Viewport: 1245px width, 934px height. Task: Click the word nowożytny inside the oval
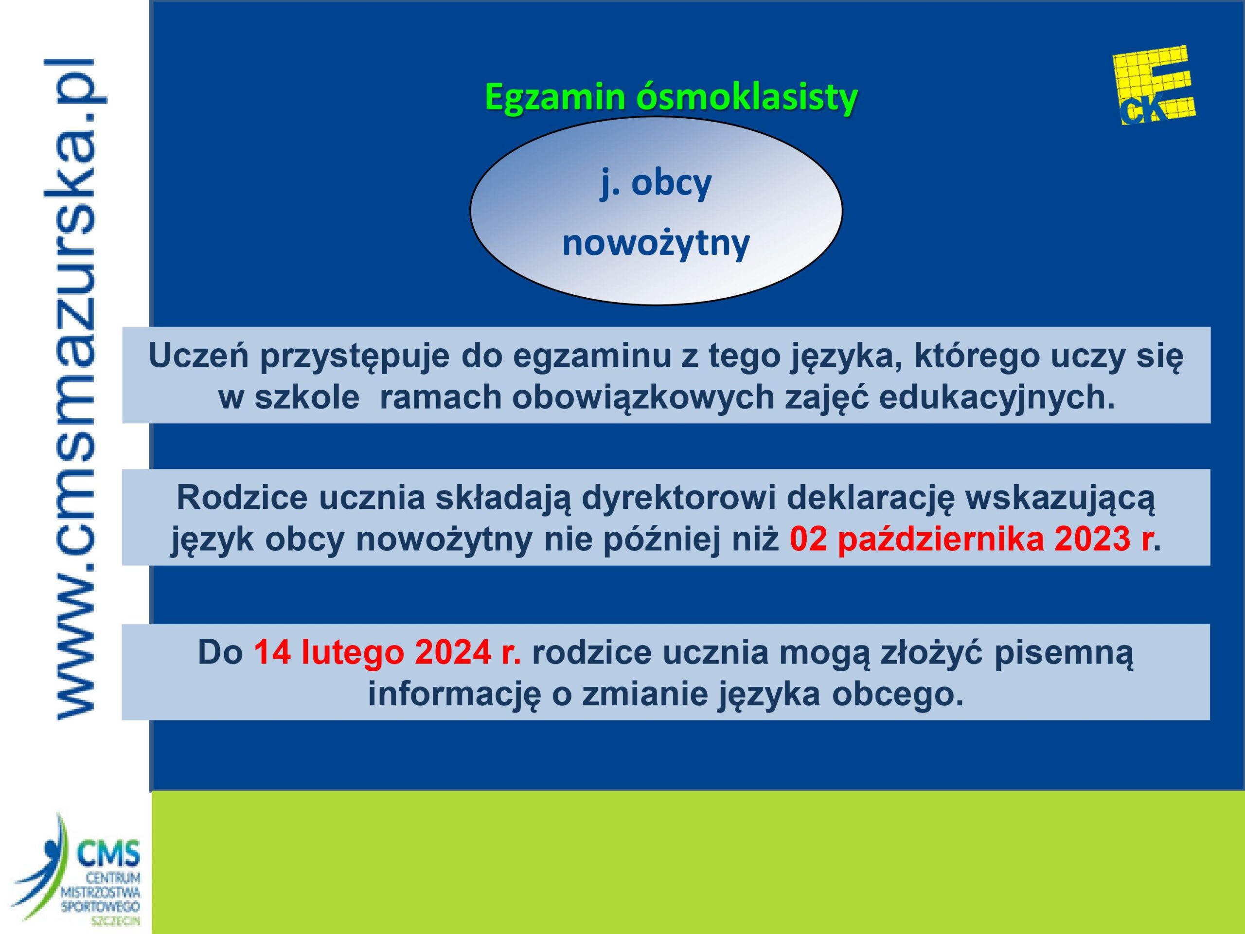coord(656,243)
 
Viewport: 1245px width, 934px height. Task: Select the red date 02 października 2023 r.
coord(970,539)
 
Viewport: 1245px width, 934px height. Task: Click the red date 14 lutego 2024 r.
coord(388,652)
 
